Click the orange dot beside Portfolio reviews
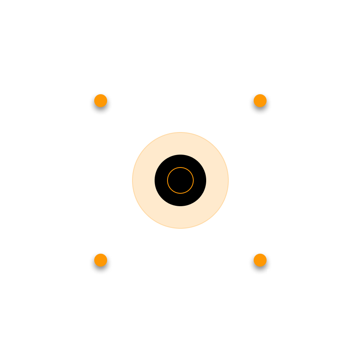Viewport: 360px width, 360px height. (x=101, y=101)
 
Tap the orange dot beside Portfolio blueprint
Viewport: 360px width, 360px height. (x=260, y=101)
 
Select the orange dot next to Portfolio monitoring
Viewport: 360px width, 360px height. (x=101, y=260)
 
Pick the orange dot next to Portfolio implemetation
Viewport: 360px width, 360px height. (x=260, y=260)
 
